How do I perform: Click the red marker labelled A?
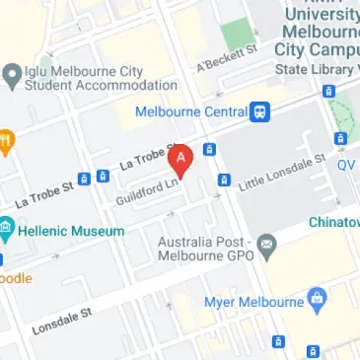(x=180, y=158)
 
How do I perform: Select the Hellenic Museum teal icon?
(x=8, y=231)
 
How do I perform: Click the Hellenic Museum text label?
(x=73, y=231)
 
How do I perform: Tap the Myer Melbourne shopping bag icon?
(x=318, y=298)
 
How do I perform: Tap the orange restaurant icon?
(x=4, y=142)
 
